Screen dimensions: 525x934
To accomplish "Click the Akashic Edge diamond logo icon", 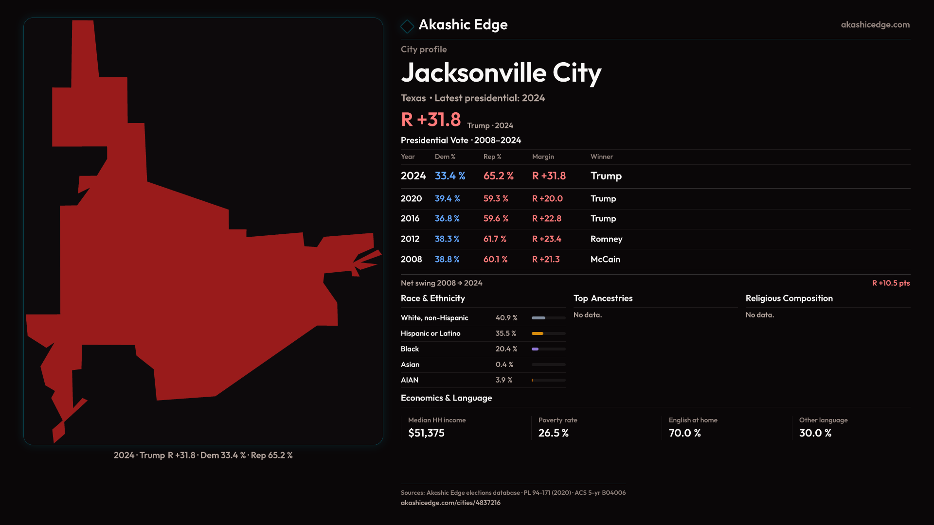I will [x=407, y=26].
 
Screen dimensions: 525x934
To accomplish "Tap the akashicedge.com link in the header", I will [x=875, y=25].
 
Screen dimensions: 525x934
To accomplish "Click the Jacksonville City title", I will [x=501, y=73].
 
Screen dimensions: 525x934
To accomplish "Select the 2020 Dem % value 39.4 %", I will [x=447, y=199].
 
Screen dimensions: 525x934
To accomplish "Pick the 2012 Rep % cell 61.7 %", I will [x=495, y=239].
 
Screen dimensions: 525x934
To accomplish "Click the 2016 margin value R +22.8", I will [x=546, y=219].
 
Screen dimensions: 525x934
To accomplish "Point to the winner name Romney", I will [x=606, y=239].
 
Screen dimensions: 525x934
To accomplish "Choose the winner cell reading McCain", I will [x=605, y=260].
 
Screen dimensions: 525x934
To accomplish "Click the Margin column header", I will [x=543, y=157].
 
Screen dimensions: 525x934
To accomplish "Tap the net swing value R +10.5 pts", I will [x=891, y=283].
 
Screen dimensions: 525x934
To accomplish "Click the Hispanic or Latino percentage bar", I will [x=548, y=333].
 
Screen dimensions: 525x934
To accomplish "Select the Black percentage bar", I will [x=548, y=349].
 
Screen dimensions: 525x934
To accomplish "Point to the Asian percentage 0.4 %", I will [x=504, y=365].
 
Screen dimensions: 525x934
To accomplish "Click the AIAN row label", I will [x=410, y=380].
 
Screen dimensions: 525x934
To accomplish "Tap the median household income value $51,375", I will [x=426, y=433].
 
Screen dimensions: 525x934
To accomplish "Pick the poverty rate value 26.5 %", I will [x=553, y=433].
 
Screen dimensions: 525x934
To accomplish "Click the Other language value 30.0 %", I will [x=815, y=433].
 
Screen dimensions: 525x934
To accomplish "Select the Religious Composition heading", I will [x=789, y=298].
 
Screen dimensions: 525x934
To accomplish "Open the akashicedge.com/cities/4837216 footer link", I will [x=450, y=503].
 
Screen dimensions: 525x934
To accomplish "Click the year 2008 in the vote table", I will [x=411, y=260].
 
